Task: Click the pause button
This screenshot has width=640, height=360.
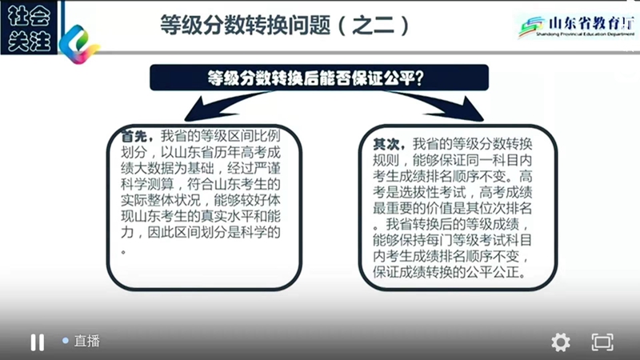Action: (37, 342)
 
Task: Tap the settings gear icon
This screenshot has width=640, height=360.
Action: (561, 342)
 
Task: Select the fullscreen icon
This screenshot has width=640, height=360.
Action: (602, 342)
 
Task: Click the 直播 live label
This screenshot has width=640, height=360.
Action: (87, 341)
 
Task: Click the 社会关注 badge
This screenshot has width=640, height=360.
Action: (29, 28)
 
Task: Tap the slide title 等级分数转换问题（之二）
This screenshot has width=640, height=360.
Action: (285, 26)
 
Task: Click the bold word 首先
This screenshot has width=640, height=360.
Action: (134, 136)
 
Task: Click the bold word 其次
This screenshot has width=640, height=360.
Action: (386, 144)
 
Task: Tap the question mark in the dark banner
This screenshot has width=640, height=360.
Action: (419, 78)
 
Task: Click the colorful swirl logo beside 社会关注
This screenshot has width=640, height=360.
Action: (79, 44)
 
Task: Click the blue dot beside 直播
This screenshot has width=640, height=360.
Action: (66, 341)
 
